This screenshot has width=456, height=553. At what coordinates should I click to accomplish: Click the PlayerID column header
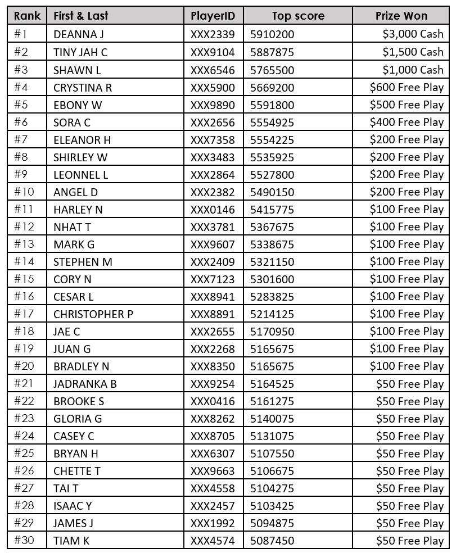pos(213,16)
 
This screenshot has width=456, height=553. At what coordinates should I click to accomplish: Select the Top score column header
pos(297,16)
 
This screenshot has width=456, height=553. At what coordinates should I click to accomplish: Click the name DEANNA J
pos(79,34)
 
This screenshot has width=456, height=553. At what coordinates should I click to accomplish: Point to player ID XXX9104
pos(213,52)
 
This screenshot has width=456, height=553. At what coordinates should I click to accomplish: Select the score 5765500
pos(272,70)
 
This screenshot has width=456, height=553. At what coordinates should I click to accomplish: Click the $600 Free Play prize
pos(407,87)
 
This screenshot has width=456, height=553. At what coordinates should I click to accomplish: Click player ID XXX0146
pos(213,209)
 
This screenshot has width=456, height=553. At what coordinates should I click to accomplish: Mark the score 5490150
pos(272,192)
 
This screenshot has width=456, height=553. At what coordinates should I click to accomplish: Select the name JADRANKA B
pos(85,384)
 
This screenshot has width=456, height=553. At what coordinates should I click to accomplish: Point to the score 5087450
pos(272,541)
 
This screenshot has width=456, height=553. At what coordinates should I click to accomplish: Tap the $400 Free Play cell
pos(407,122)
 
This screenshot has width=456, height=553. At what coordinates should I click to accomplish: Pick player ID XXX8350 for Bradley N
pos(213,366)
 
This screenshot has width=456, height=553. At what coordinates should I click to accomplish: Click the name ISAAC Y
pos(73,506)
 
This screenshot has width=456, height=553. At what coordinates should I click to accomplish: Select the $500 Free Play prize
pos(407,105)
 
